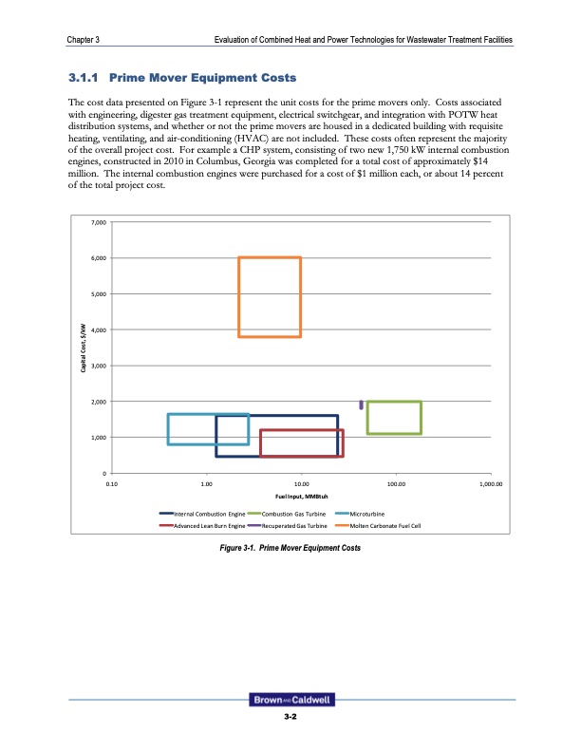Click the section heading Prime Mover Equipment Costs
point(179,77)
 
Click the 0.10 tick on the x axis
point(111,483)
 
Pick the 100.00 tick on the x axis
point(396,483)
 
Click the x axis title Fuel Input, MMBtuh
point(300,496)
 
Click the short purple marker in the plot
point(361,405)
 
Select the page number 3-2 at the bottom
point(290,719)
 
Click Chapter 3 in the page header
point(85,38)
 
